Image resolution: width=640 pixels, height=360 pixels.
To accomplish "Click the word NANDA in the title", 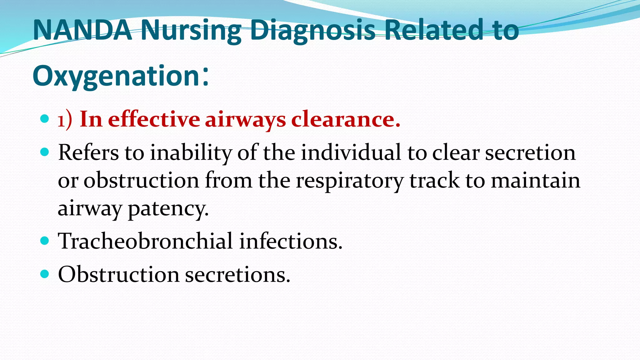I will (x=82, y=30).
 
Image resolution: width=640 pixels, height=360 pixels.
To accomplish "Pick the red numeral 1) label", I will (x=65, y=120).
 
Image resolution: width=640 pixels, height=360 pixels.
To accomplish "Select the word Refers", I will (x=88, y=153).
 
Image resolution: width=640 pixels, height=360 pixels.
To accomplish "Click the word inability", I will (x=191, y=153).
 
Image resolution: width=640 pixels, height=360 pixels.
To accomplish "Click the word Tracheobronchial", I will (x=145, y=241).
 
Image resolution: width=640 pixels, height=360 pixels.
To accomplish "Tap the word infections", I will (x=291, y=241).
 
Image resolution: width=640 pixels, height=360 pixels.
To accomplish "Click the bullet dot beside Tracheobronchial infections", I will (x=45, y=241).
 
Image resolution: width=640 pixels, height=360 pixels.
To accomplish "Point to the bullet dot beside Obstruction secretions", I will (x=45, y=274).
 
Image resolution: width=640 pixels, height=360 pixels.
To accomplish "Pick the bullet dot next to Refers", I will (x=45, y=152).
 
